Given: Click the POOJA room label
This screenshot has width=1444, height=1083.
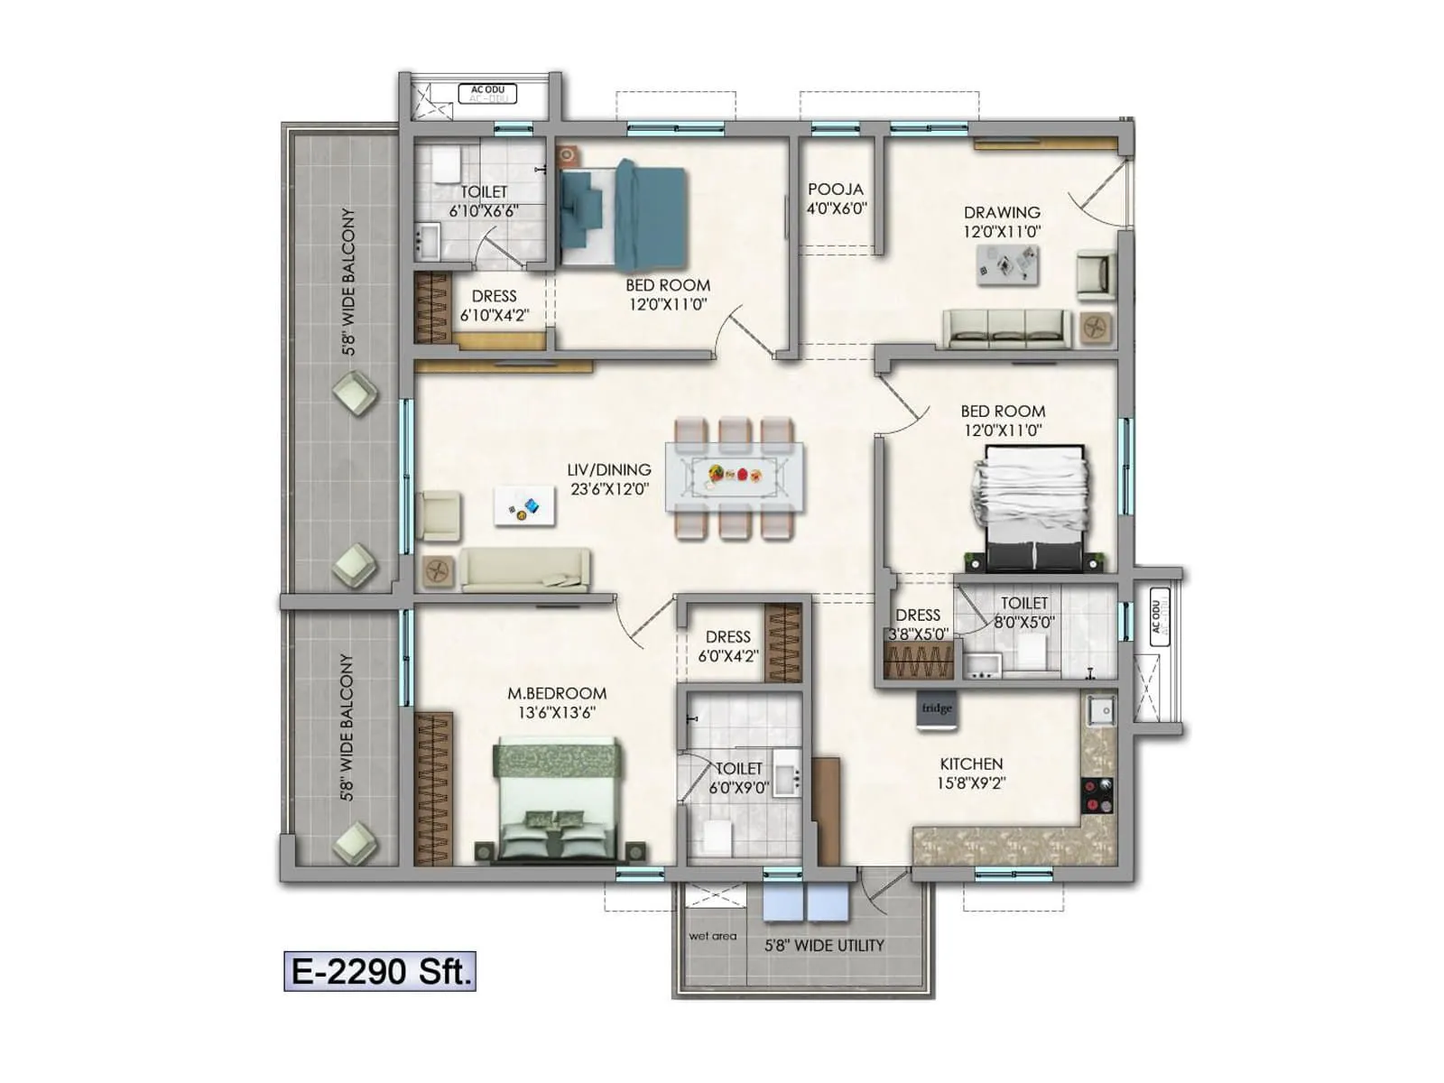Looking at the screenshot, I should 836,190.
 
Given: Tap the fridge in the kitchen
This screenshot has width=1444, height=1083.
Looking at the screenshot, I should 937,708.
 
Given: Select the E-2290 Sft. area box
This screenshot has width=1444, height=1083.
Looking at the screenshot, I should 380,971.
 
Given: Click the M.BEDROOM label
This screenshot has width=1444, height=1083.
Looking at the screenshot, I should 557,693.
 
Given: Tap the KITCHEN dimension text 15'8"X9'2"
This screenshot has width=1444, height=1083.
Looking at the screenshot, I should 971,783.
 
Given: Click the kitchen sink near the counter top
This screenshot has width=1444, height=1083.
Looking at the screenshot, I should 1101,710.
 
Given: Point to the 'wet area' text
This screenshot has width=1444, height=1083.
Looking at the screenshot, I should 713,936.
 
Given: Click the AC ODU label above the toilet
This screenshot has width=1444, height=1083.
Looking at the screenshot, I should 487,90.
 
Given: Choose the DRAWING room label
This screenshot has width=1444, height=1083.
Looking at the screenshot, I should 1002,212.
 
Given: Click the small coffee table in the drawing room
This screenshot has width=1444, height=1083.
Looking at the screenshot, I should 1007,265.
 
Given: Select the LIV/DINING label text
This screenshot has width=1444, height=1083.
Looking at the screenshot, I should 609,469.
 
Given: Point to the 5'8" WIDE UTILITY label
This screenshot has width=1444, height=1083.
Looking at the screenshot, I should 824,945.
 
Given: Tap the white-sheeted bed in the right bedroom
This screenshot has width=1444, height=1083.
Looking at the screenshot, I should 1029,505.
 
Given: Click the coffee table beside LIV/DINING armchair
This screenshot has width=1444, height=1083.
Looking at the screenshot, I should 524,506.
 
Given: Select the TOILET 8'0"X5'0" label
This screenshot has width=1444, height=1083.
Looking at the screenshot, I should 1024,603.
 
